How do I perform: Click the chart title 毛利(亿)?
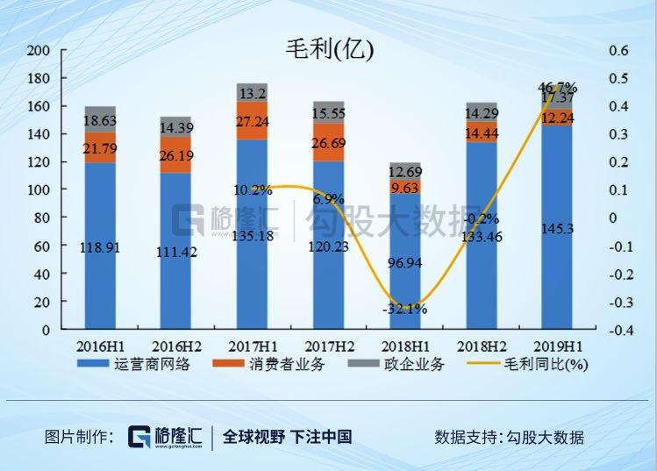pyautogui.click(x=329, y=50)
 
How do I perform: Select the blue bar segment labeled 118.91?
pyautogui.click(x=100, y=246)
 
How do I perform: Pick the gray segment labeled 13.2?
pyautogui.click(x=252, y=92)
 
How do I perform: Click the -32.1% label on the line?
pyautogui.click(x=404, y=309)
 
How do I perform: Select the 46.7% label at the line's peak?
pyautogui.click(x=557, y=87)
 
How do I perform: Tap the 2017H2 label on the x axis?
pyautogui.click(x=329, y=346)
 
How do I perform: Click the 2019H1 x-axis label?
pyautogui.click(x=557, y=346)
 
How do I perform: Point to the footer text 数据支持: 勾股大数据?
pyautogui.click(x=509, y=437)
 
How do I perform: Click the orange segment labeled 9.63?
pyautogui.click(x=405, y=187)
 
